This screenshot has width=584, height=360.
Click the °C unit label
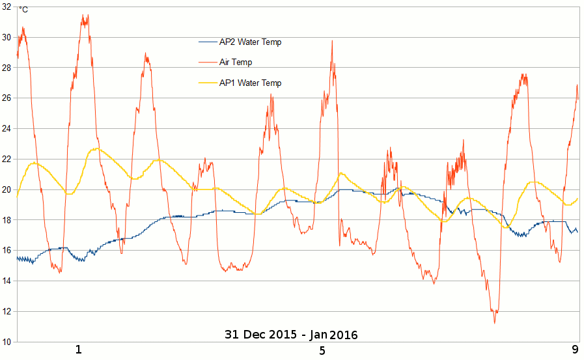[x=23, y=10]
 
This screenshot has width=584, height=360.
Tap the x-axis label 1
[x=79, y=350]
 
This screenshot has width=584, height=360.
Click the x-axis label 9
[x=575, y=350]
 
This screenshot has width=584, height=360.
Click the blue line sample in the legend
[x=208, y=42]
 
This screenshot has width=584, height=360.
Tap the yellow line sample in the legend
[x=208, y=83]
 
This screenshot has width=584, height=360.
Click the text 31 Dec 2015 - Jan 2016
[x=291, y=335]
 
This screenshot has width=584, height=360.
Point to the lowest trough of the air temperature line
[x=494, y=322]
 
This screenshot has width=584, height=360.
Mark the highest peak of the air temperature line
[x=84, y=15]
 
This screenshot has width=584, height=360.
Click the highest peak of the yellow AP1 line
[x=96, y=148]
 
